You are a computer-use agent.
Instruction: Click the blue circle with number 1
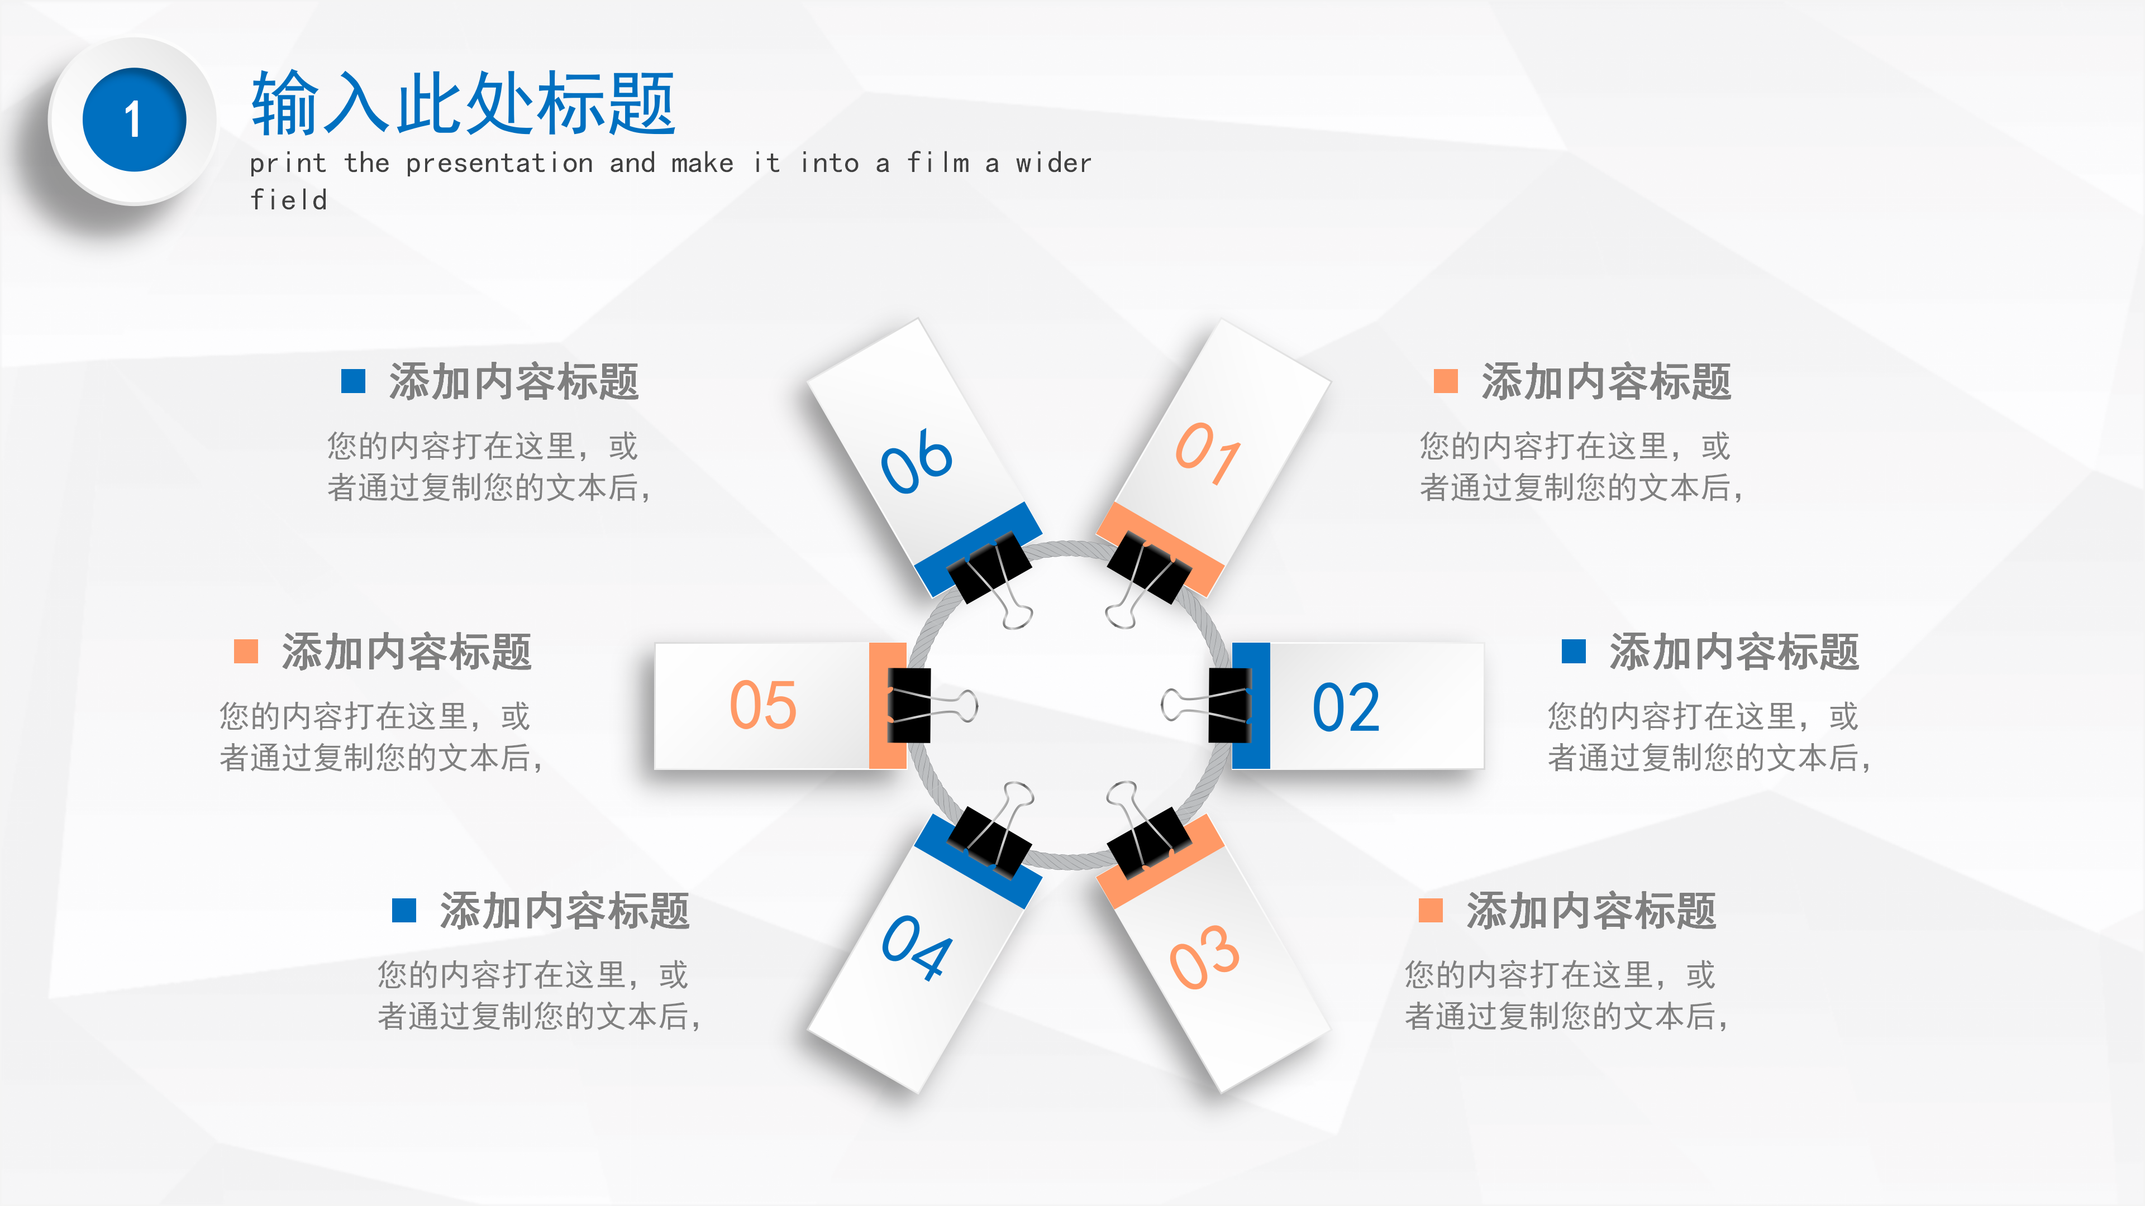click(x=134, y=120)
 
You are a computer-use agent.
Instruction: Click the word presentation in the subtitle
click(x=499, y=163)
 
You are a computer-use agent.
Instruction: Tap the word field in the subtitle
click(x=289, y=200)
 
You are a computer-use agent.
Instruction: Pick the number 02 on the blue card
click(x=1346, y=707)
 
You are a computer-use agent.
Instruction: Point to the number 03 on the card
click(x=1204, y=957)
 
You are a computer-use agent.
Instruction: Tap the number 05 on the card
click(x=762, y=706)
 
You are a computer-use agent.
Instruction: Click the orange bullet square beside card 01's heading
click(x=1446, y=381)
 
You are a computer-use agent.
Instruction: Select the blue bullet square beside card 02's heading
click(x=1573, y=651)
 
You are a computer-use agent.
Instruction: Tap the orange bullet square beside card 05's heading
click(x=246, y=651)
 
